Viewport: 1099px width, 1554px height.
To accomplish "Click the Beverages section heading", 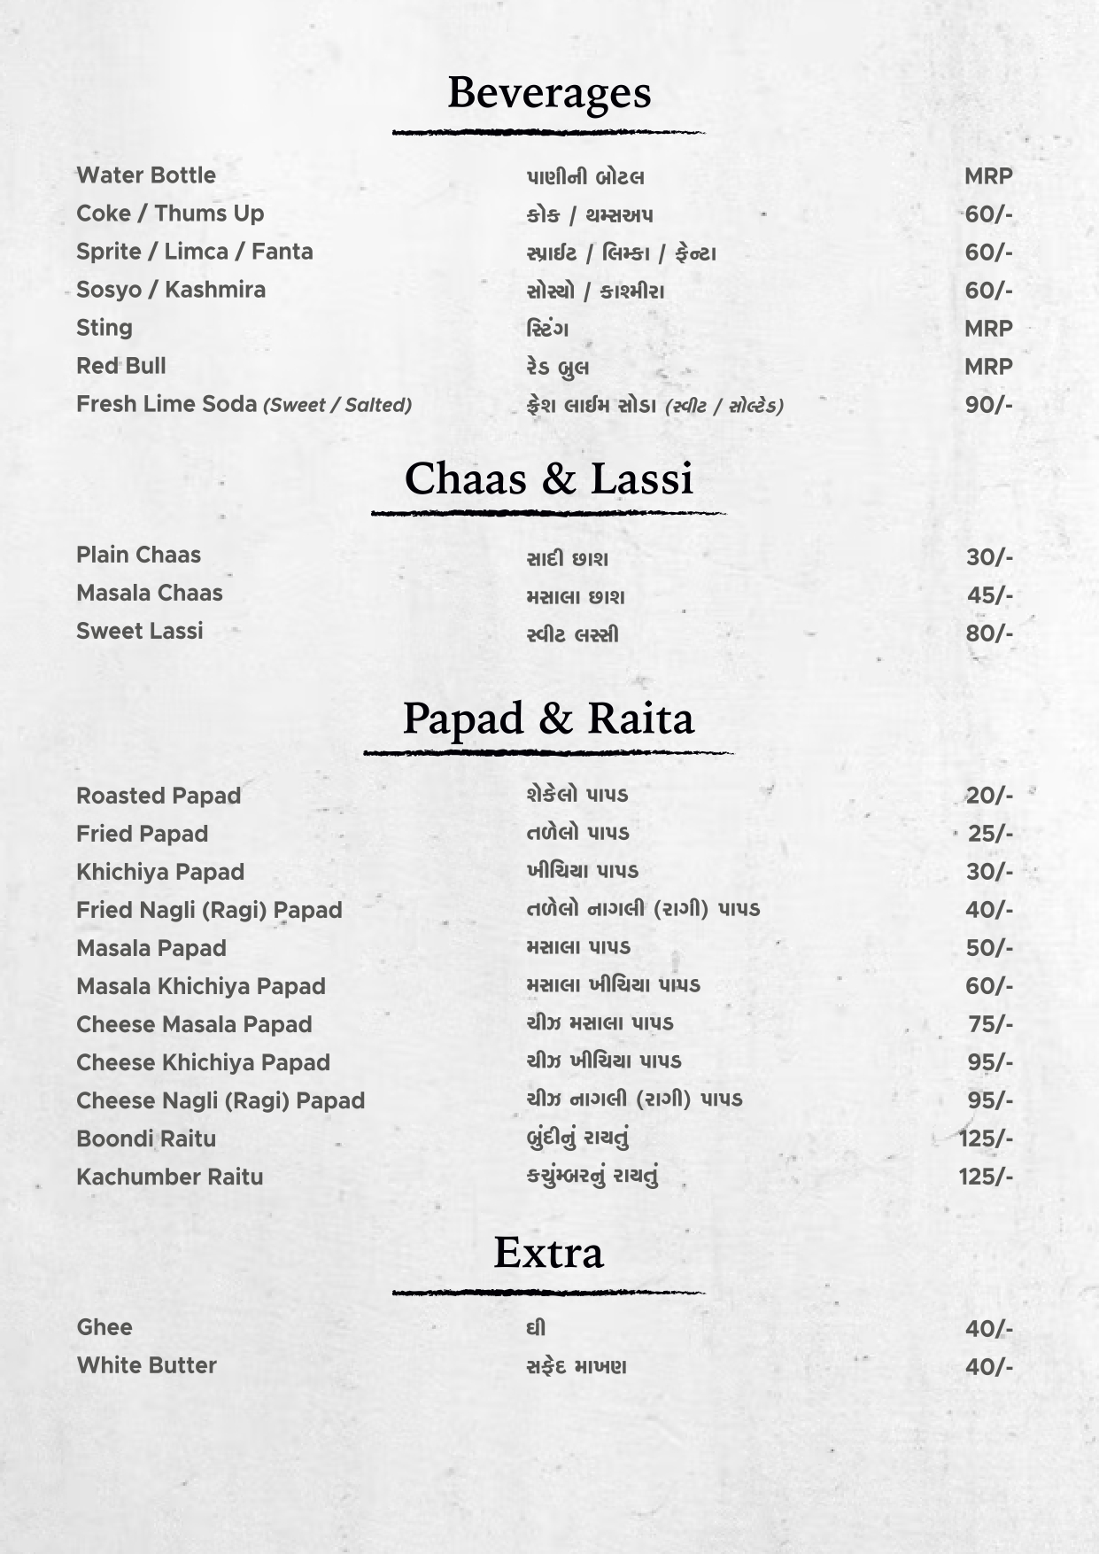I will point(549,93).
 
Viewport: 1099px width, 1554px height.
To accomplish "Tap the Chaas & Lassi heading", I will point(549,479).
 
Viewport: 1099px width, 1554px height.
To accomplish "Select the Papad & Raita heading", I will point(549,719).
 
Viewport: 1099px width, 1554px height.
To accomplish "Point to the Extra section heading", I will point(549,1253).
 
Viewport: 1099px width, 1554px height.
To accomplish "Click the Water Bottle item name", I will point(146,175).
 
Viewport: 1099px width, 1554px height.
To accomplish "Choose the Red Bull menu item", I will point(121,366).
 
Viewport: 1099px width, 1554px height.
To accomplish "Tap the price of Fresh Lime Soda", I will point(988,405).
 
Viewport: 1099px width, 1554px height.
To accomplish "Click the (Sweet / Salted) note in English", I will point(337,406).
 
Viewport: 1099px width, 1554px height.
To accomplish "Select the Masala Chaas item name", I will point(150,593).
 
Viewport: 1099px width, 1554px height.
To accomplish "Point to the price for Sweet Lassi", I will point(988,633).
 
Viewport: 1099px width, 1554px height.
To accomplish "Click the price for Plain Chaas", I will point(988,557).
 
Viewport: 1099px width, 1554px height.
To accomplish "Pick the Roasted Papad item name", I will point(159,796).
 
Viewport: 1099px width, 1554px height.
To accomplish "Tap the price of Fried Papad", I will point(989,834).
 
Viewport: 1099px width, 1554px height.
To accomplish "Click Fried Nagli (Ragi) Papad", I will point(209,910).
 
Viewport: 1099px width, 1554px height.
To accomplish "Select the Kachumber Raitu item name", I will point(170,1177).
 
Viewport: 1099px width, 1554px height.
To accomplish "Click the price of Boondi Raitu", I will point(986,1138).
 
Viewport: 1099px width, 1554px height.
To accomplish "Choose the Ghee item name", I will point(104,1327).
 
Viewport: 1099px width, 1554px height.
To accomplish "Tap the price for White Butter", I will point(988,1366).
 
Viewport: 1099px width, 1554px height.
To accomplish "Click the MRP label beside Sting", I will point(988,329).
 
